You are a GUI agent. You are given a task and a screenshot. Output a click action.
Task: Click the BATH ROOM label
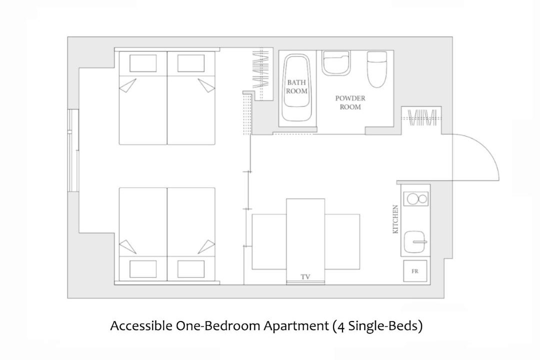tap(296, 87)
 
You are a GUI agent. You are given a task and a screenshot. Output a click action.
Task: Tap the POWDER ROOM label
tap(350, 102)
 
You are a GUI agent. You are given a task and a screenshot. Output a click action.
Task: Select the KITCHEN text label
tap(395, 219)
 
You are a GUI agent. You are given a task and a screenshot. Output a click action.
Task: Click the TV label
tap(305, 277)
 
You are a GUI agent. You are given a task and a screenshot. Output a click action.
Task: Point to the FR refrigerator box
tap(415, 271)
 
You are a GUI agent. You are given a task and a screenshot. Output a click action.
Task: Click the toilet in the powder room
tap(377, 69)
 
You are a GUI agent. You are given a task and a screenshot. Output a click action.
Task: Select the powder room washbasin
tap(336, 63)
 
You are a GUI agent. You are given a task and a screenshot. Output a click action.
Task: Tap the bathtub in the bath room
tap(296, 87)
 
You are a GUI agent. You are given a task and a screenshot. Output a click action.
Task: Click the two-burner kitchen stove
tap(415, 199)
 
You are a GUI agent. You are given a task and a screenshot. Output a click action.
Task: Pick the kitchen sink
tap(415, 242)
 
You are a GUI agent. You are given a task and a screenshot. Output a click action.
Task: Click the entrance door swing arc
tap(486, 147)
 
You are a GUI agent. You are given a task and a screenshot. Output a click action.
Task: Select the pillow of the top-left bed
tap(143, 63)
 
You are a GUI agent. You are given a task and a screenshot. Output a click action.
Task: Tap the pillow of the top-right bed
tap(191, 63)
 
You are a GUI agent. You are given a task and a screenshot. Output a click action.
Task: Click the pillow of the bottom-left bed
tap(143, 269)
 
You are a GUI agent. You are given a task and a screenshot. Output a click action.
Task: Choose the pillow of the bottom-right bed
tap(191, 269)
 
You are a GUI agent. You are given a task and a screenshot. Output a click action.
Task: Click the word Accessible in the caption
tap(141, 325)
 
